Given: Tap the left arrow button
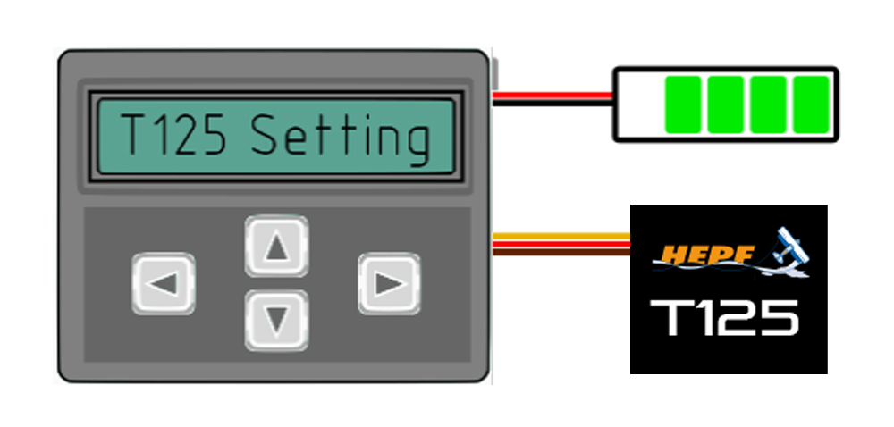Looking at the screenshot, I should coord(164,284).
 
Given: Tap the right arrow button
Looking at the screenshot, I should coord(389,284).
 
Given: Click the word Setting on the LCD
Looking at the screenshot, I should coord(340,138).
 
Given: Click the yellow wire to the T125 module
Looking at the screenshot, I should coord(561,237).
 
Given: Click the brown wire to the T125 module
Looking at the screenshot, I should coord(561,253).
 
